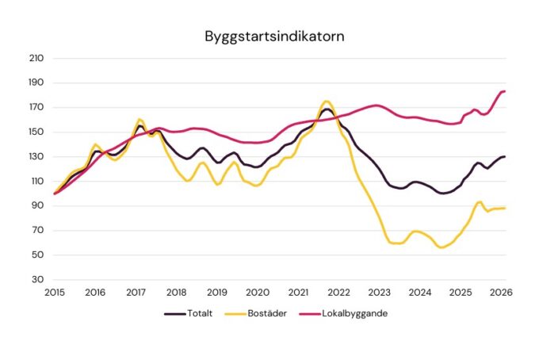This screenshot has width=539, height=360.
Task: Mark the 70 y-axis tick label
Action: [36, 231]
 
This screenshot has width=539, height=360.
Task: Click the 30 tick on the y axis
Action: [36, 280]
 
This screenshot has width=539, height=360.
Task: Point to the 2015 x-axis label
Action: [54, 292]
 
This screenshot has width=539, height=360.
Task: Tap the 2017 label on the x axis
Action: [136, 292]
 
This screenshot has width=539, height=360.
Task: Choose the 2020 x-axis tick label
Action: [257, 292]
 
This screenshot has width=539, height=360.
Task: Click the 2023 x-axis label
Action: [379, 292]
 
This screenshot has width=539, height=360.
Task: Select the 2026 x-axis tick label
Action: [500, 292]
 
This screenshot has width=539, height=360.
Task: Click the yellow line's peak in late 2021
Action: [327, 101]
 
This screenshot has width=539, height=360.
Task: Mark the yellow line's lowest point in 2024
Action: [441, 247]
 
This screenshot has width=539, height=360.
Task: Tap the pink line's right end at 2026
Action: [505, 91]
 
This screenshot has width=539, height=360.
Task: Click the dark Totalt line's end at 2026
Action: [505, 156]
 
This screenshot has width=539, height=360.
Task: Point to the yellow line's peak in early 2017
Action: [140, 119]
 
